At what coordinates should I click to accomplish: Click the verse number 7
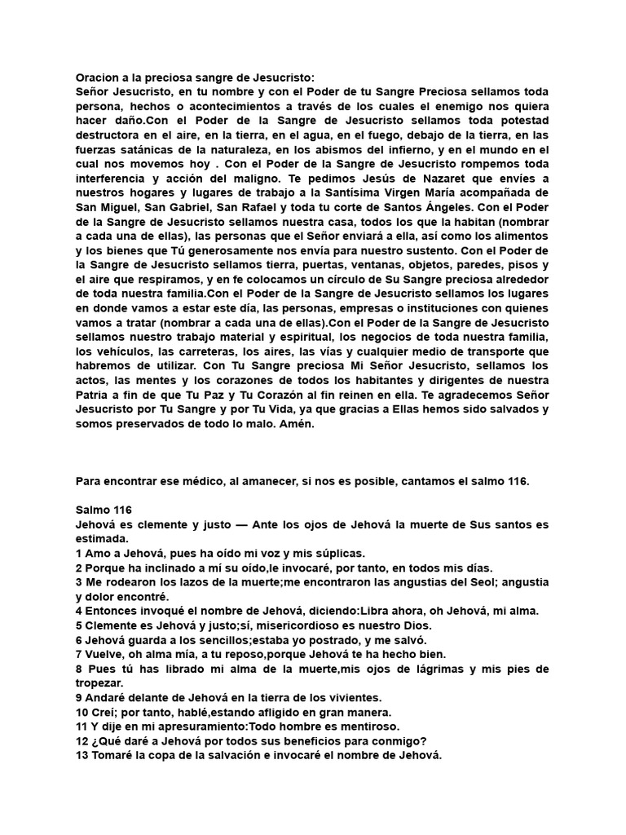(x=78, y=653)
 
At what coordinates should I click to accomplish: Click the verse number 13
(x=82, y=755)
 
